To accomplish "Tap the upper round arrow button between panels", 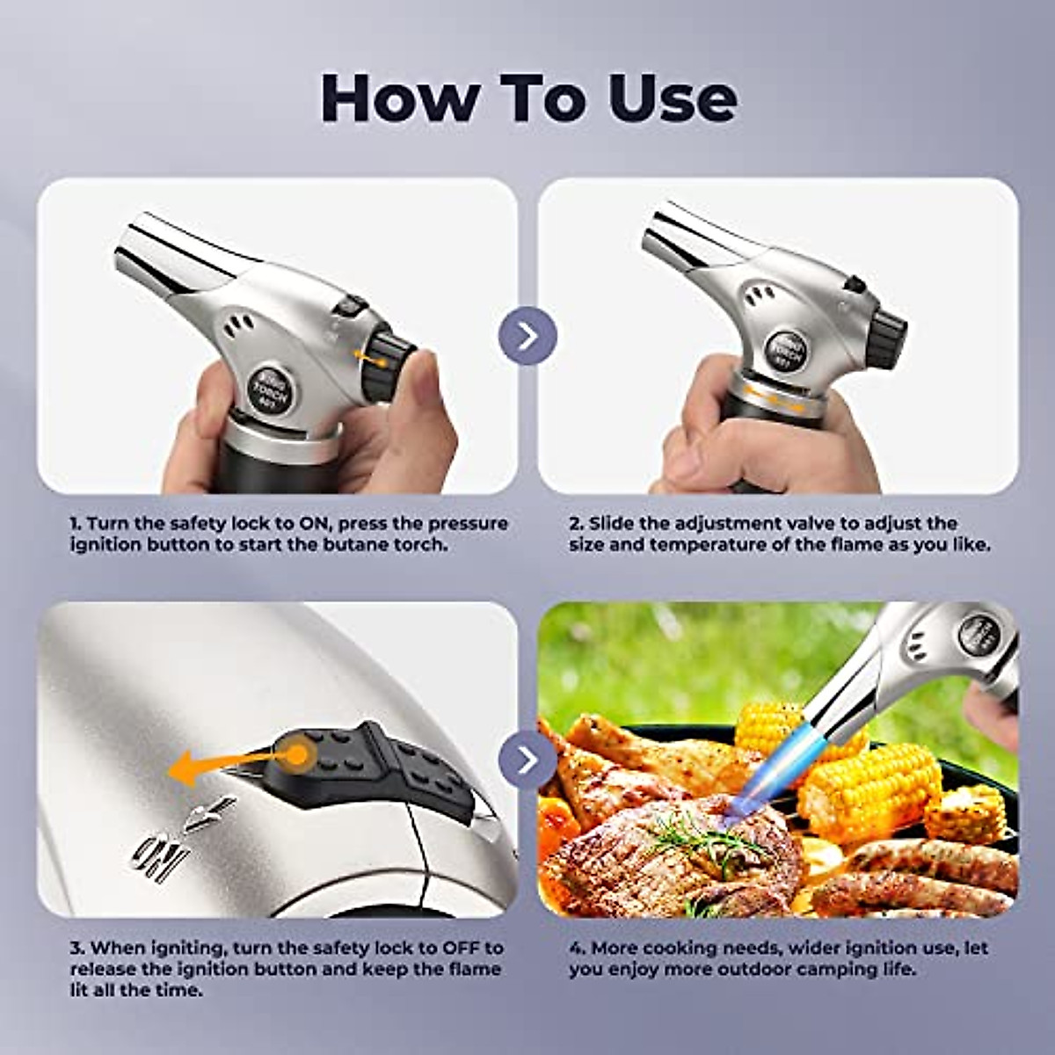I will (x=527, y=336).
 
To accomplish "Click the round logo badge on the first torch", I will (x=265, y=385).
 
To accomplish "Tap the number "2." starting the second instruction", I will (x=576, y=524).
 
